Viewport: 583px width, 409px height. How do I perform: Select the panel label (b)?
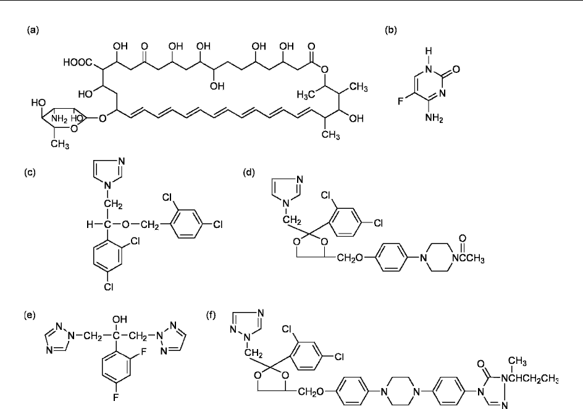[391, 29]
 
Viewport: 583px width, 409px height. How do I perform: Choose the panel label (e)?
[31, 314]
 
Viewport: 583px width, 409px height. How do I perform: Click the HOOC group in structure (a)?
[76, 62]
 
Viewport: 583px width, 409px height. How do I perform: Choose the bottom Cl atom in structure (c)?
[103, 287]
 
